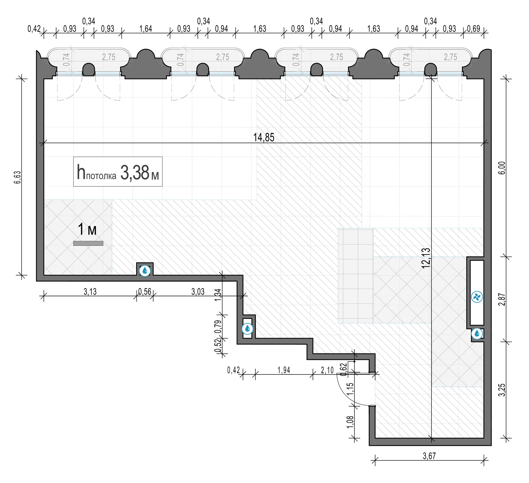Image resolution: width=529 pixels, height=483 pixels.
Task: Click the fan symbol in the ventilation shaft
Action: pyautogui.click(x=477, y=297)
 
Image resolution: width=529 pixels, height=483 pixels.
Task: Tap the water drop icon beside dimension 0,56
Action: pyautogui.click(x=145, y=271)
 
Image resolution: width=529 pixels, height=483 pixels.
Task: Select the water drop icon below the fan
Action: pyautogui.click(x=477, y=334)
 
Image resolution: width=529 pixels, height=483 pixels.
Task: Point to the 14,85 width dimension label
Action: pyautogui.click(x=264, y=138)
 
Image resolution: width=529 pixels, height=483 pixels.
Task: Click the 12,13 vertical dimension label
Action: pyautogui.click(x=426, y=258)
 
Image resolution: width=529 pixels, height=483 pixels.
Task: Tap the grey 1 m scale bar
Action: pyautogui.click(x=88, y=244)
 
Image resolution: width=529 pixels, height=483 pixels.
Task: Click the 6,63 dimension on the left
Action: pyautogui.click(x=17, y=177)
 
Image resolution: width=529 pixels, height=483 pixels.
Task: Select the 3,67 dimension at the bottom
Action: pyautogui.click(x=429, y=456)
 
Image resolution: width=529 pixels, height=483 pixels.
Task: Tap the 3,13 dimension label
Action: pyautogui.click(x=90, y=292)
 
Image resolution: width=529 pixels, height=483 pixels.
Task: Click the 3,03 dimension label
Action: pyautogui.click(x=198, y=292)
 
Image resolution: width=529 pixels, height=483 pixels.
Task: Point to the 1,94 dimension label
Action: pyautogui.click(x=284, y=370)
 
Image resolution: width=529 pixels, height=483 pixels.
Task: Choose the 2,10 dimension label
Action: pyautogui.click(x=327, y=370)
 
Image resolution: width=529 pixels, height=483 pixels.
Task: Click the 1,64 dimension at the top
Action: pyautogui.click(x=146, y=29)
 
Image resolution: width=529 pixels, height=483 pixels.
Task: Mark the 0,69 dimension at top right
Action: pyautogui.click(x=474, y=29)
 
